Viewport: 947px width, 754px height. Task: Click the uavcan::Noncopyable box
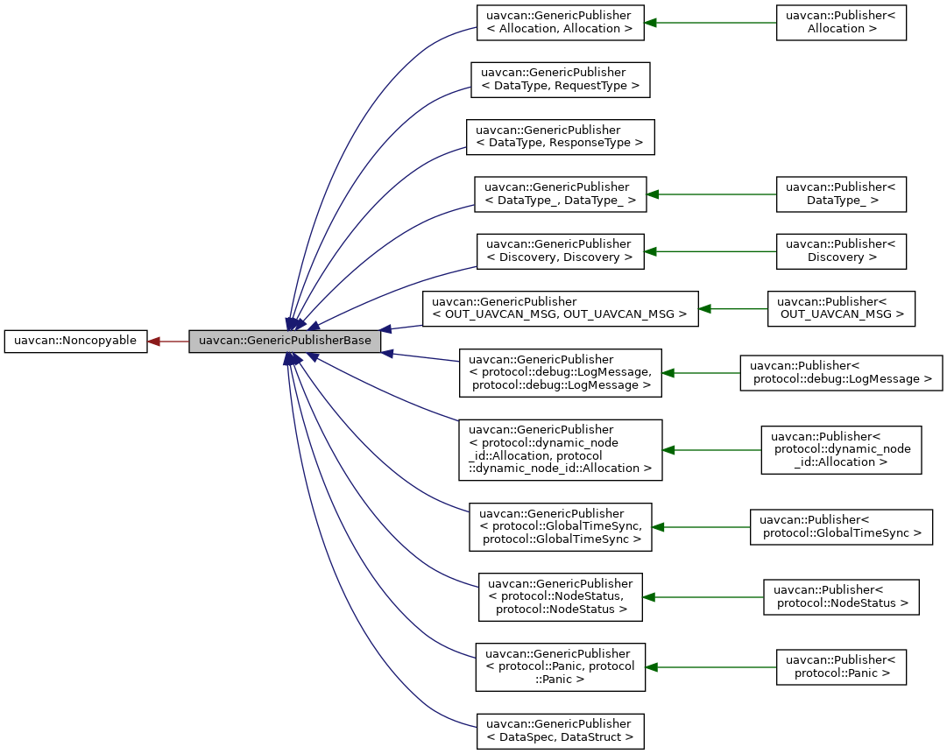pos(75,341)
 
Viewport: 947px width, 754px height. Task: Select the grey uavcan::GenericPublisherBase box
pos(285,341)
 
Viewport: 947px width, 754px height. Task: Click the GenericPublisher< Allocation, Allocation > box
pos(560,22)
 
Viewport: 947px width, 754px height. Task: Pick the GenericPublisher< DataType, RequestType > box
pos(560,79)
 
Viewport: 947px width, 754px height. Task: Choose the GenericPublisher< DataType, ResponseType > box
pos(560,137)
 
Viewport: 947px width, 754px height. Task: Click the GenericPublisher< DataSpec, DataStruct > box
pos(560,731)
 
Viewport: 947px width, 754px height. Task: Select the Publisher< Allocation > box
pos(840,22)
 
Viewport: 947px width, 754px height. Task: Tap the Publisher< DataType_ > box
pos(840,194)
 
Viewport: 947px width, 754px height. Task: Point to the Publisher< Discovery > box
pos(840,250)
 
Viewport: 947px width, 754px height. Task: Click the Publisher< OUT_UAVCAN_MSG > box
pos(840,309)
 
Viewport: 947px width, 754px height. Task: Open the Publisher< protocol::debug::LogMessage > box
pos(840,372)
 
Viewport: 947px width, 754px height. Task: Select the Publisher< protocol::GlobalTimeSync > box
pos(840,526)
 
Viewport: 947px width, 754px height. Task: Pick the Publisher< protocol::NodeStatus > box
pos(840,596)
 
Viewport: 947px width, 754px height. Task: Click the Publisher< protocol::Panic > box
pos(840,666)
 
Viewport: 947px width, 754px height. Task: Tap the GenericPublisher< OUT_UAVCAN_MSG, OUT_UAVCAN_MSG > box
pos(560,309)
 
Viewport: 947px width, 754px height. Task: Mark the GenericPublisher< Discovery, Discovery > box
pos(560,250)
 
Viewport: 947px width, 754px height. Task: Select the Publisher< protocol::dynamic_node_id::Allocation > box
pos(840,449)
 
